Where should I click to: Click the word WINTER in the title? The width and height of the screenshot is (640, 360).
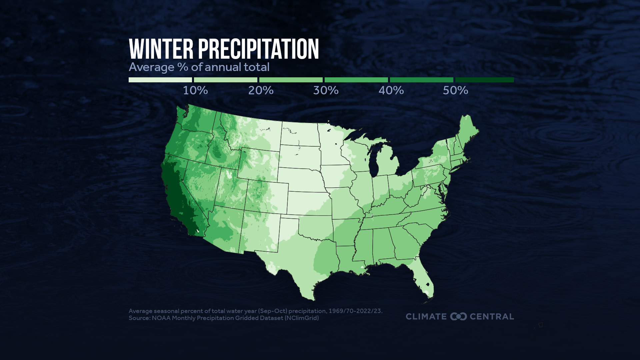[161, 49]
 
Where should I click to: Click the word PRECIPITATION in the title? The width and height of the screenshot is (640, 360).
[259, 49]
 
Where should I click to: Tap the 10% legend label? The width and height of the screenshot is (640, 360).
[195, 90]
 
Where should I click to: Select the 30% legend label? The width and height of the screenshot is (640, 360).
[326, 90]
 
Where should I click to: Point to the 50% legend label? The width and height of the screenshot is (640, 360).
[455, 90]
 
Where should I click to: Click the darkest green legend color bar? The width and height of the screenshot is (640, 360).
[484, 80]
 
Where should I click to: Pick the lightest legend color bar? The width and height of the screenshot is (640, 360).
[160, 80]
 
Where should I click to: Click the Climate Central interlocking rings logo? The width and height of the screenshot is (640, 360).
[458, 316]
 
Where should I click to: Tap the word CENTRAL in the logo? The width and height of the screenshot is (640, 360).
[492, 316]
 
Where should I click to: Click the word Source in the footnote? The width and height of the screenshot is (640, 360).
[139, 318]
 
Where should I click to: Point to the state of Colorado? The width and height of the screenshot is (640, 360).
[267, 197]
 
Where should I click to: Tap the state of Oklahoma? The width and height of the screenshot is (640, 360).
[315, 227]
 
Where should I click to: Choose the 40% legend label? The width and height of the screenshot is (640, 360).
[391, 90]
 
